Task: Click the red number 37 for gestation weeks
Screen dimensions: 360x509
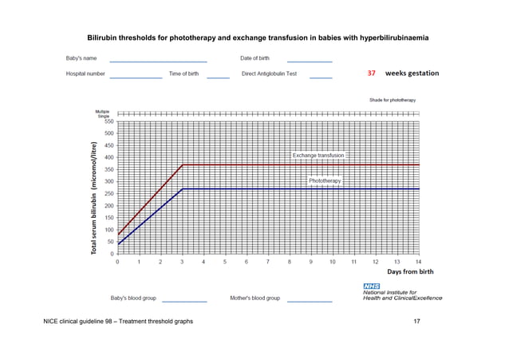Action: click(x=372, y=73)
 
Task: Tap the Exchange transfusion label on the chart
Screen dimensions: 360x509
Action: click(x=318, y=155)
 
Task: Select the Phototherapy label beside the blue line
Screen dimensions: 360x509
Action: click(x=325, y=181)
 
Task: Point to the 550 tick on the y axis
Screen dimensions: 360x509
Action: click(x=107, y=121)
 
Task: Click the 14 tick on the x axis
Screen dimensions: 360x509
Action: click(x=418, y=262)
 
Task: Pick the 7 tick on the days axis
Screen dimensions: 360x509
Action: click(x=268, y=262)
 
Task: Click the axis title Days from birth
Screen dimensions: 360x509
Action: click(x=411, y=272)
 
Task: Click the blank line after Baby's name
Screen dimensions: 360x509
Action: click(x=158, y=61)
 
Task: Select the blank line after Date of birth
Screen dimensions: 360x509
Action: click(x=310, y=61)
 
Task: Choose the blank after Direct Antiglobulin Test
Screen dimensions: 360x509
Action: click(x=321, y=77)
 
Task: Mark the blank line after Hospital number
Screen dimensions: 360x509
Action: click(x=136, y=77)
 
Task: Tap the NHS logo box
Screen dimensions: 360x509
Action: click(x=371, y=285)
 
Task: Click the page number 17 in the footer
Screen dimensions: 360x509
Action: click(x=416, y=321)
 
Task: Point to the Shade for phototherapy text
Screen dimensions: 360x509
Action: click(x=392, y=101)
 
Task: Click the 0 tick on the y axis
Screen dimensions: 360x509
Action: click(x=110, y=254)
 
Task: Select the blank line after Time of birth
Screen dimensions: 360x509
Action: click(x=218, y=77)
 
